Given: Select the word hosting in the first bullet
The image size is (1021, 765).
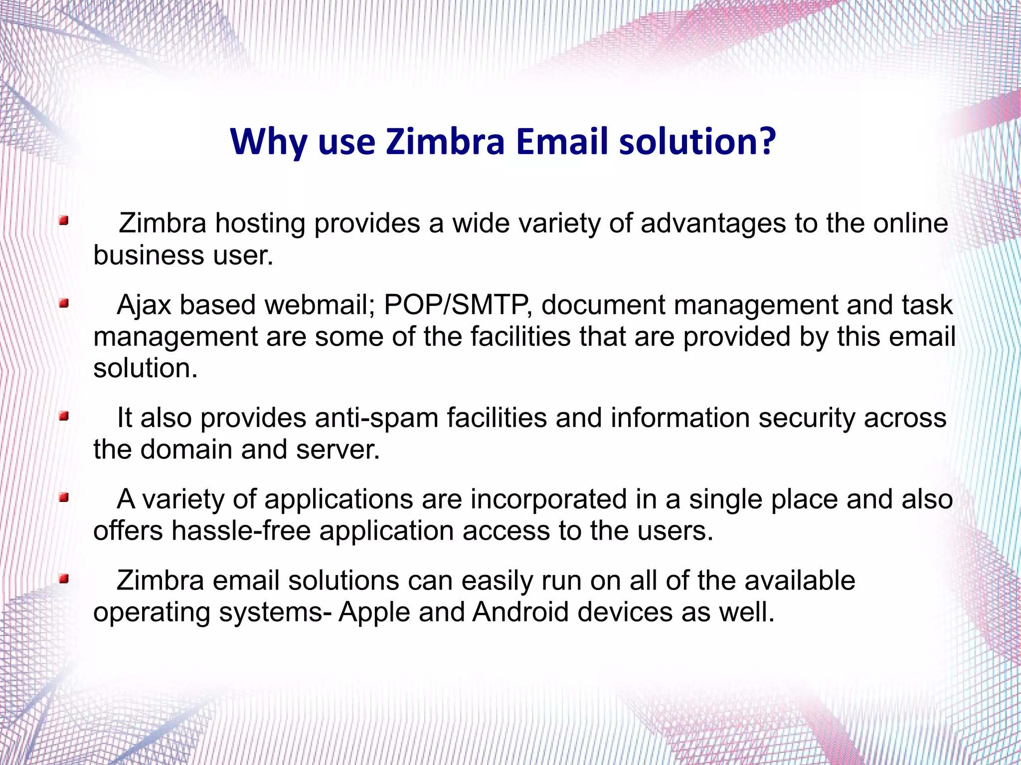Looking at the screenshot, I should point(260,224).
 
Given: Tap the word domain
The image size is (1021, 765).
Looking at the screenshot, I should point(186,450).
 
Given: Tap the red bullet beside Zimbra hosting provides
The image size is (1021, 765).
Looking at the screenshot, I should point(63,221).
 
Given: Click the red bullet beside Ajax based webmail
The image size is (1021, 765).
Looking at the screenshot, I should point(63,303).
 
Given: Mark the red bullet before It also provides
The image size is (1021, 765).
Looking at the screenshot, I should point(63,416).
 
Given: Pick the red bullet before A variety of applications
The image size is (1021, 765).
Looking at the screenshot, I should point(63,497).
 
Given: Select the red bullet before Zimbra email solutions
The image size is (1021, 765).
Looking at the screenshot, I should point(63,579).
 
